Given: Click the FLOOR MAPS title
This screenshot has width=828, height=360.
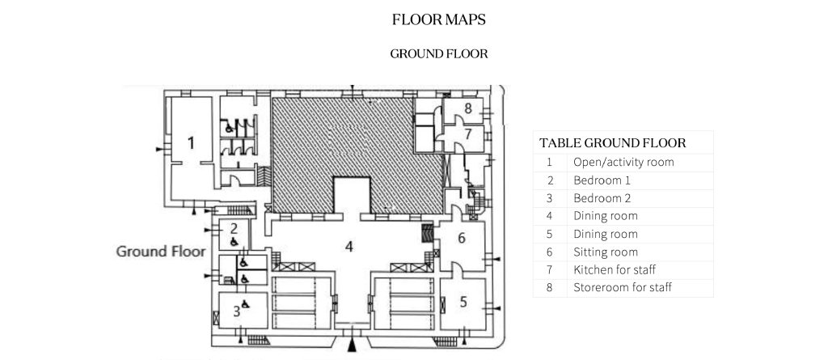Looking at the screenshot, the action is click(x=439, y=20).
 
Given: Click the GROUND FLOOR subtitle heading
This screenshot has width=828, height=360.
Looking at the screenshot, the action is click(x=439, y=54).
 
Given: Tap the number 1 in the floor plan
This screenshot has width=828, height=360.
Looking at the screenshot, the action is click(x=191, y=142).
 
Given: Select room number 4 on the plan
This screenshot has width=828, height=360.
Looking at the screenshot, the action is click(x=349, y=247).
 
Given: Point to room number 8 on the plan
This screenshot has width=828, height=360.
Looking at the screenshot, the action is click(x=468, y=109).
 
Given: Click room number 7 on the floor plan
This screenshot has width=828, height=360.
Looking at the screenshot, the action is click(x=468, y=134).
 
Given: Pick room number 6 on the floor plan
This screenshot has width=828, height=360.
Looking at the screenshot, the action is click(x=462, y=239).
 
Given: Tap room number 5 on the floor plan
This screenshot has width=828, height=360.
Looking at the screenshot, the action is click(x=463, y=303).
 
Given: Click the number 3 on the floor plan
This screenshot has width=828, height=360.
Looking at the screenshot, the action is click(x=237, y=311).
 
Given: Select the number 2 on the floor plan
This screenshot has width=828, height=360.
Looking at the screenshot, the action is click(x=234, y=229).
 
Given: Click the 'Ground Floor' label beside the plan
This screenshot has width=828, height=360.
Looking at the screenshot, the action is click(x=161, y=251).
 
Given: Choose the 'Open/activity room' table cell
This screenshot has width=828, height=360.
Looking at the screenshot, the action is click(x=623, y=163).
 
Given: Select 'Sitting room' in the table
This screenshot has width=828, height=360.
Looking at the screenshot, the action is click(x=606, y=252).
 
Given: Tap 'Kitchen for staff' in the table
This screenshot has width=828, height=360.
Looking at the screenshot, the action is click(x=615, y=270).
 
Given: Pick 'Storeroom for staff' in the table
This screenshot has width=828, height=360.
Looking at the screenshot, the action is click(x=623, y=288).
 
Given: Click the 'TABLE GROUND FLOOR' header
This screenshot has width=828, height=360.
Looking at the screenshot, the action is click(x=613, y=142).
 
